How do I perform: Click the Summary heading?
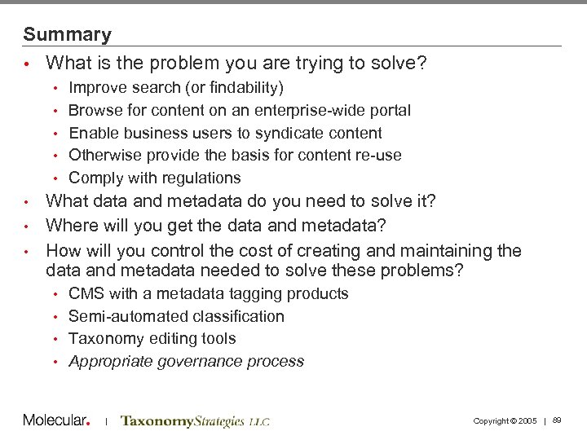[x=67, y=34]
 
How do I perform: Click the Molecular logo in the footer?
[x=55, y=420]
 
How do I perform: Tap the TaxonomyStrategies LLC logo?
[x=195, y=421]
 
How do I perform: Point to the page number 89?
[x=557, y=420]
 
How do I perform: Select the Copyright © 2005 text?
[x=505, y=420]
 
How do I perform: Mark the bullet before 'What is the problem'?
[x=27, y=64]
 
